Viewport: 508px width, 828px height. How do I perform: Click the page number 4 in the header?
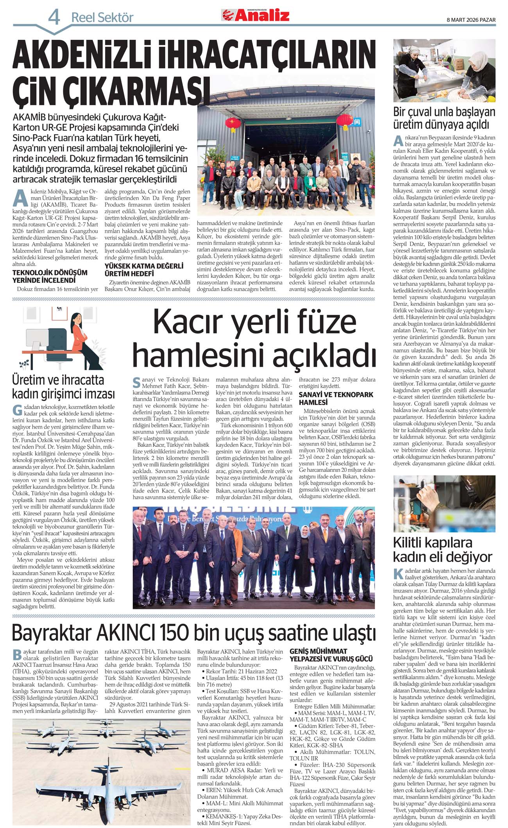(54, 17)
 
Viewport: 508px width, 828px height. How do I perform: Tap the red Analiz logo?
(256, 15)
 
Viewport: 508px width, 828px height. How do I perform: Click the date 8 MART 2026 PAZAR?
(471, 20)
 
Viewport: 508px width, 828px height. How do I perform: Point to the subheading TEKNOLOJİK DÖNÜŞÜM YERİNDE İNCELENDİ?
(50, 276)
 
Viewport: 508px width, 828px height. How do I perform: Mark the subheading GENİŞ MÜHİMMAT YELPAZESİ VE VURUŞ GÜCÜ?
(331, 655)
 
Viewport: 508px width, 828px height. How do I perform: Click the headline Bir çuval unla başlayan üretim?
(444, 118)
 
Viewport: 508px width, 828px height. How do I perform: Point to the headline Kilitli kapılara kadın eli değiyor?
(442, 550)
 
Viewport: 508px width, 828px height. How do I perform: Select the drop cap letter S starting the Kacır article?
(136, 382)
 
